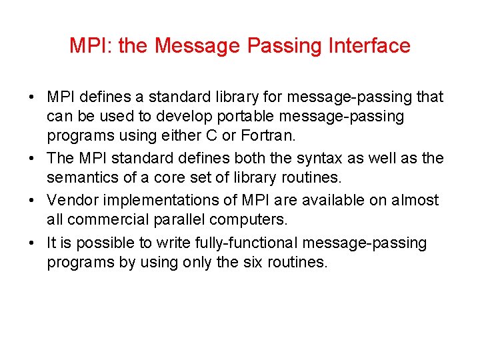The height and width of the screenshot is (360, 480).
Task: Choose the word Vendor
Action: click(69, 200)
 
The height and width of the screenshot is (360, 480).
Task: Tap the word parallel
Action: click(174, 221)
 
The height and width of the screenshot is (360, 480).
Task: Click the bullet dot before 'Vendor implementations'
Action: click(33, 201)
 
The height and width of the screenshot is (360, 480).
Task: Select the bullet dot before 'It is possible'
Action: click(33, 243)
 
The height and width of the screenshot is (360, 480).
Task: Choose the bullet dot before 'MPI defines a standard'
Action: click(33, 97)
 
